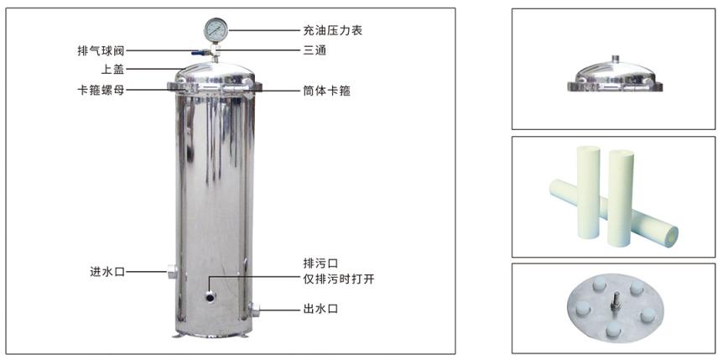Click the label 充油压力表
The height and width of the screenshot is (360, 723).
332,30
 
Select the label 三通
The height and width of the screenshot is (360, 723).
315,50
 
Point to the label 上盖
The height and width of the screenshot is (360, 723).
113,69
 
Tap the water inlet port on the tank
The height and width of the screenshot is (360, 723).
172,272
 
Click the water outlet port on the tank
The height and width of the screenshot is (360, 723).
253,310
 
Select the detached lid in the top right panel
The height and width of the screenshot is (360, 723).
616,76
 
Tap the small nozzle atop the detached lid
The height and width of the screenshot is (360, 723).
616,59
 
